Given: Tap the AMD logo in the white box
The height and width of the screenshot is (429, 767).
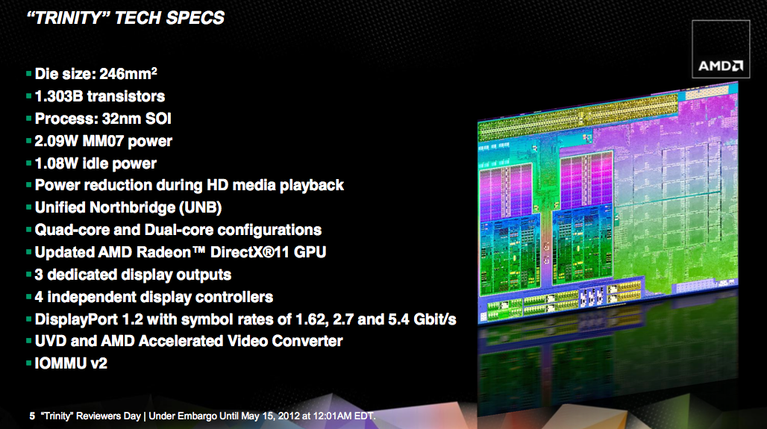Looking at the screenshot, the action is point(721,66).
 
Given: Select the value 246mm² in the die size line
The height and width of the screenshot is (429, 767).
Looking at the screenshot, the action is point(128,74).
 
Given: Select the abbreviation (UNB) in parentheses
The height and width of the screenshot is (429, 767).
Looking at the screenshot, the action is point(201,208).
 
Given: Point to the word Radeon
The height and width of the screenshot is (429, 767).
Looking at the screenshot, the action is point(164,252).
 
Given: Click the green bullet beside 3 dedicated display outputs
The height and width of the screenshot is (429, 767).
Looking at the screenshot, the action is point(29,275).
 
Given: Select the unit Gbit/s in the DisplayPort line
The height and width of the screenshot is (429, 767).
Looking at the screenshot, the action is point(434,319).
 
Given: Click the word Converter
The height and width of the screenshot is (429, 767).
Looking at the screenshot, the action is point(307,342).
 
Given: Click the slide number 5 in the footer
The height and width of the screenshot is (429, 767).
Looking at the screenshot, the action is point(32,416).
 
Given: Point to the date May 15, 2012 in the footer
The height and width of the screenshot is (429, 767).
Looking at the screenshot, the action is point(271,416).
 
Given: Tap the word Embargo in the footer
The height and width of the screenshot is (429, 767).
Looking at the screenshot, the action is point(197,416).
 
